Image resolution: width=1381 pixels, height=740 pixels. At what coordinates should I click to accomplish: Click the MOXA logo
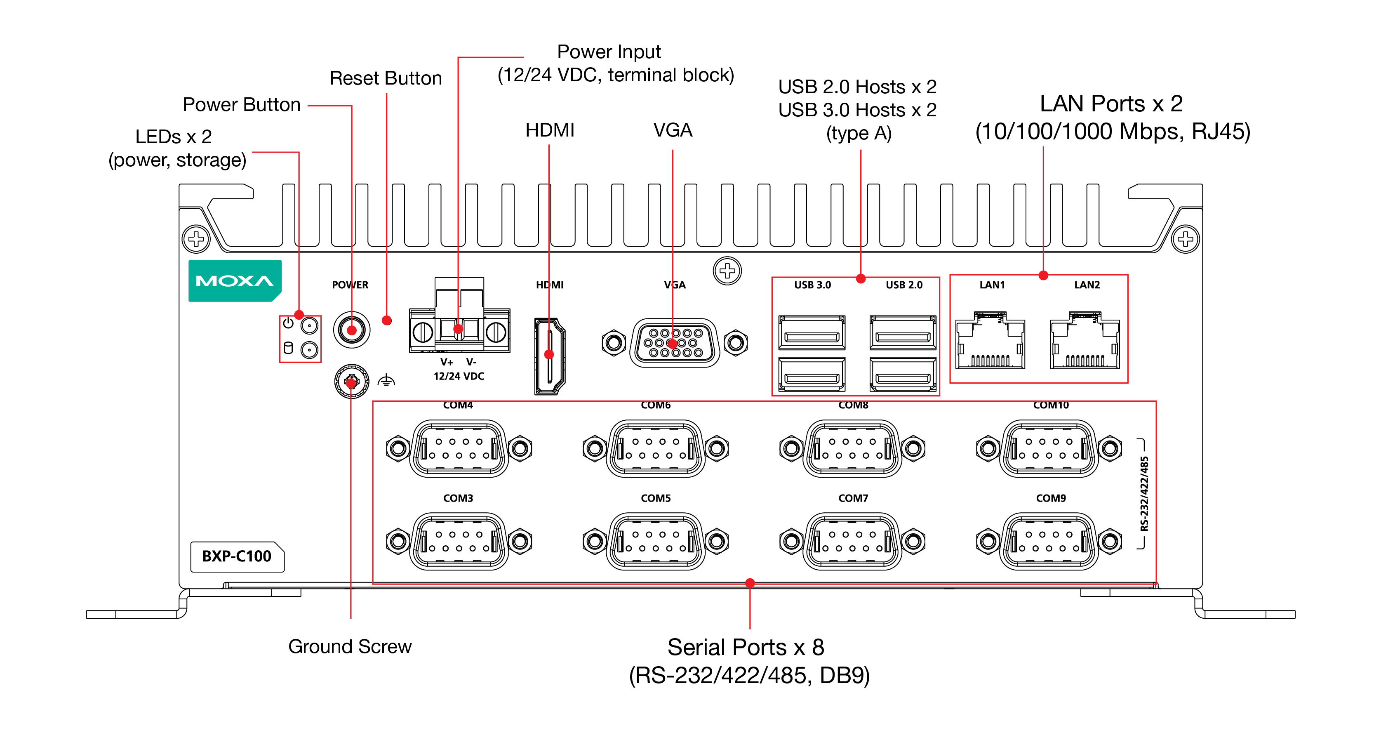[235, 280]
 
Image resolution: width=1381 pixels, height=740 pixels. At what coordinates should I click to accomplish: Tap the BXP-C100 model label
[237, 556]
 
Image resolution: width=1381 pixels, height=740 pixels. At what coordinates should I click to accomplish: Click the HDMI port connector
[550, 356]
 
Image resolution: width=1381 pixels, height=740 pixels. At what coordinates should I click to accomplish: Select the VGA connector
[674, 343]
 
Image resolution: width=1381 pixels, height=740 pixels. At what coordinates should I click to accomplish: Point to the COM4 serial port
[459, 448]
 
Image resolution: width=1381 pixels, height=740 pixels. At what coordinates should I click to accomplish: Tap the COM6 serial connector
[656, 448]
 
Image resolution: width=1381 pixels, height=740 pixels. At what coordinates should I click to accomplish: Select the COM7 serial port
[852, 541]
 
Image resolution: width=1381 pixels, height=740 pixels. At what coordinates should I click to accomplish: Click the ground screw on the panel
[352, 382]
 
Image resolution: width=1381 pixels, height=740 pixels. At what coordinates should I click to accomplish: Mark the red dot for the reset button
[386, 321]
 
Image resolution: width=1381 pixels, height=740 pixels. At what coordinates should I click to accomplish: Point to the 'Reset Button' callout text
[386, 78]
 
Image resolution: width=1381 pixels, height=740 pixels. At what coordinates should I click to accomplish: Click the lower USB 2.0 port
[903, 375]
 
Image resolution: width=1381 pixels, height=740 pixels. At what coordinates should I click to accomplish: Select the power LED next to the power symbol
[309, 325]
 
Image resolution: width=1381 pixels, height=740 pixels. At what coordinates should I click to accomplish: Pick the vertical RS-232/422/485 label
[1145, 493]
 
